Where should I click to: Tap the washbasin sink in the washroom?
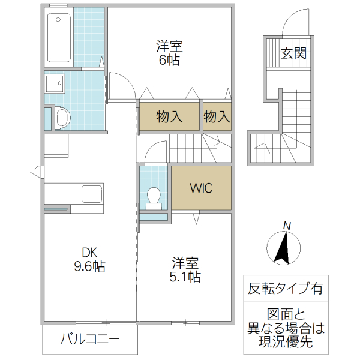click(56, 83)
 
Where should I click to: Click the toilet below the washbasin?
click(61, 117)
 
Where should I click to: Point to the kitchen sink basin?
click(92, 194)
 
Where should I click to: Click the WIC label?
click(201, 188)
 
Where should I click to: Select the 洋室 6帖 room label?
click(169, 53)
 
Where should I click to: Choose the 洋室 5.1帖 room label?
click(186, 270)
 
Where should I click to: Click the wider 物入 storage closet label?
click(169, 116)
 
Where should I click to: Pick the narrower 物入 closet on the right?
click(217, 116)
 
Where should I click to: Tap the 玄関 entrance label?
click(293, 53)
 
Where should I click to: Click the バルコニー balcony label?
click(90, 340)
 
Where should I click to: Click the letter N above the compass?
click(287, 225)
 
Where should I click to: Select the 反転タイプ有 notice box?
click(285, 288)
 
